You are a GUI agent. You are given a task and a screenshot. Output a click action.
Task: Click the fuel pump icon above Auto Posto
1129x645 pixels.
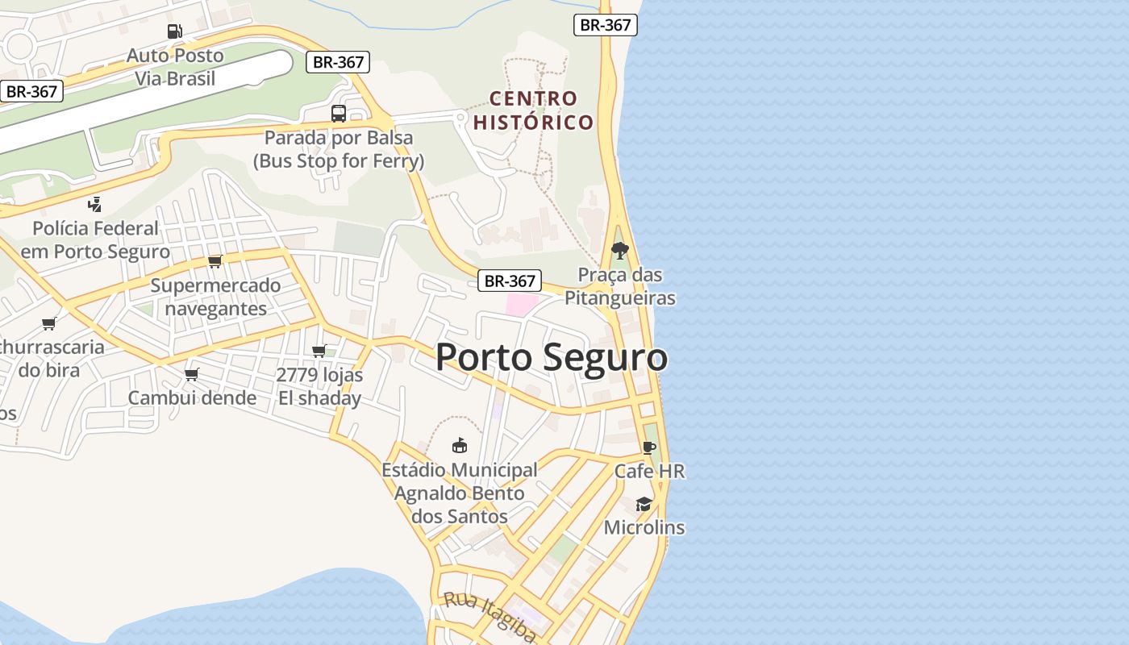(174, 31)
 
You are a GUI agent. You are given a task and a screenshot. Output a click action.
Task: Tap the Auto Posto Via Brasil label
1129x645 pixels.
(175, 67)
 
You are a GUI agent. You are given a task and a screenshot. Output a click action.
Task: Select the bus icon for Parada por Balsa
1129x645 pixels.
(339, 114)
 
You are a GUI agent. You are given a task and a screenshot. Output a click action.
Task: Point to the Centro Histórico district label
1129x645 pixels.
(534, 110)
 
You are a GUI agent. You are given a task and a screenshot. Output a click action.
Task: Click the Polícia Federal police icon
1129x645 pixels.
(95, 204)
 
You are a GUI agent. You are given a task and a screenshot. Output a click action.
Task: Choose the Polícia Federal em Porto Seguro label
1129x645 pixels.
(95, 240)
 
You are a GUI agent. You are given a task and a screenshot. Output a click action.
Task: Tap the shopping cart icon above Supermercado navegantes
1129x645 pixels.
(215, 261)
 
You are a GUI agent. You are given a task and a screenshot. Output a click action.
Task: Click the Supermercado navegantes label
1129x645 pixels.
(215, 297)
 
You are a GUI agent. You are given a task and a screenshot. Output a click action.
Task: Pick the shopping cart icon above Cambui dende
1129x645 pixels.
(192, 374)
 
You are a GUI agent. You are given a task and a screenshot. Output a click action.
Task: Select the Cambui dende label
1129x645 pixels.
(192, 397)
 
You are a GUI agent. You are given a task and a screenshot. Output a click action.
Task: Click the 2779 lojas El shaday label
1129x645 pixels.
(319, 386)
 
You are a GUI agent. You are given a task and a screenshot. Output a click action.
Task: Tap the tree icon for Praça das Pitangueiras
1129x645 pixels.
(619, 250)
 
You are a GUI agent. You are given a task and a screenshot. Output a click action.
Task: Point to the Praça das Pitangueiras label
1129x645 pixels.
(619, 286)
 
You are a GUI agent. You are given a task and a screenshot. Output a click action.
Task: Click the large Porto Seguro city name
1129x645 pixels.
(552, 357)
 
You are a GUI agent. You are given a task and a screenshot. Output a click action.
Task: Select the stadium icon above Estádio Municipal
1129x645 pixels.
(460, 445)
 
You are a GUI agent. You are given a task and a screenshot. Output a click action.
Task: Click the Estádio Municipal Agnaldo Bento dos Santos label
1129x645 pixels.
(460, 493)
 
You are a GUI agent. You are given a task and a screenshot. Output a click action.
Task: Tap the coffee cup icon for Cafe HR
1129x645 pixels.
(649, 447)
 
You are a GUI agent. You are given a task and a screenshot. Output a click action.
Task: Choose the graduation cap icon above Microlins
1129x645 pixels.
(644, 504)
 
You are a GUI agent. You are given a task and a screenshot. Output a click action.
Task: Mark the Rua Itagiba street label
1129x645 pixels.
(490, 617)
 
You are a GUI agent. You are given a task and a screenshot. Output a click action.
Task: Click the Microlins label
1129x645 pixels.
(644, 527)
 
